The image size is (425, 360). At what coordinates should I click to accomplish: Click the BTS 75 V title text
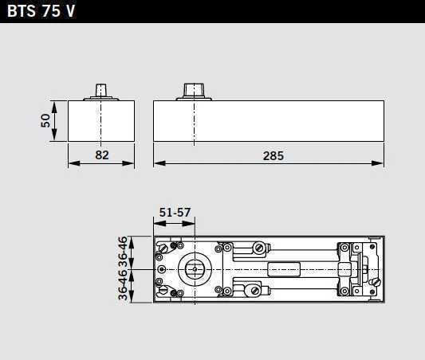[x=41, y=11]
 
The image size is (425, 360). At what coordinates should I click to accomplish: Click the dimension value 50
[x=45, y=120]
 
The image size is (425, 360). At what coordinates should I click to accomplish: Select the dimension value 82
[x=102, y=155]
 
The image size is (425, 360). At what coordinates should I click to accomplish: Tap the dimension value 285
[x=273, y=156]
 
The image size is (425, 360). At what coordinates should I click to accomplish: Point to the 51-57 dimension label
[x=175, y=212]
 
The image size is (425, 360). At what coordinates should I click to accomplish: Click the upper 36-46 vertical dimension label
[x=123, y=252]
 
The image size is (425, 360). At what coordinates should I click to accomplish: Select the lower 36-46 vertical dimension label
[x=123, y=285]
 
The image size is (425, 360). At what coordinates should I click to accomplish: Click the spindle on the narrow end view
[x=100, y=91]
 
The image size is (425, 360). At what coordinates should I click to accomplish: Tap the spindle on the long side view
[x=194, y=90]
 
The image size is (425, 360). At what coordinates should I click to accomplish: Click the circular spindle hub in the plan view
[x=195, y=269]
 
